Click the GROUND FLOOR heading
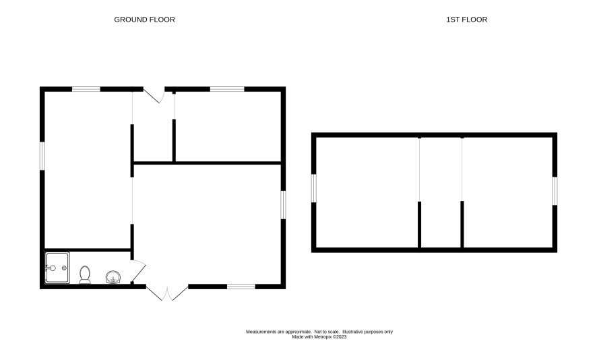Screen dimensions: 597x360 (144, 20)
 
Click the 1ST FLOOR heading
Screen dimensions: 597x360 (466, 20)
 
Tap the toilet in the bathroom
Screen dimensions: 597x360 (85, 274)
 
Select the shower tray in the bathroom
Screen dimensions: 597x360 (57, 268)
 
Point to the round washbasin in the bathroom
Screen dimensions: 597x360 (113, 277)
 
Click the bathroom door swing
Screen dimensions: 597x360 (139, 271)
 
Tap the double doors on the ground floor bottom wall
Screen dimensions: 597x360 (167, 293)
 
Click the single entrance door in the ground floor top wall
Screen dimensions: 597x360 (154, 95)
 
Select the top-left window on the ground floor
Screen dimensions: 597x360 (86, 89)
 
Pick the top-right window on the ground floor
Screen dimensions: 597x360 (227, 89)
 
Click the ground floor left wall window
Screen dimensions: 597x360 (42, 156)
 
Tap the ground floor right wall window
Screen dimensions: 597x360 (283, 204)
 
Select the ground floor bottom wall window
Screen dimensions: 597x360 (241, 287)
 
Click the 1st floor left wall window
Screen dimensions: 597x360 (314, 188)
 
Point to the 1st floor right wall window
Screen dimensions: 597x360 (555, 191)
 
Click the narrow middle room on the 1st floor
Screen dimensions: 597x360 (441, 192)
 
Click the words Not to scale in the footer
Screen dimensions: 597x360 (327, 332)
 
